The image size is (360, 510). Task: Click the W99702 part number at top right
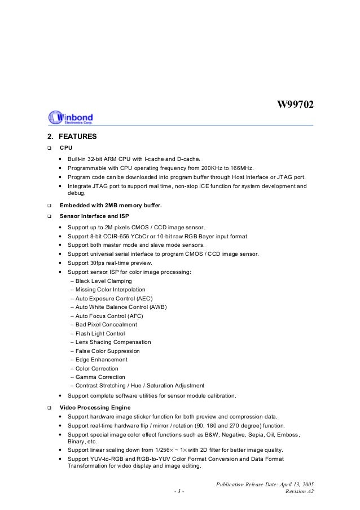click(x=294, y=106)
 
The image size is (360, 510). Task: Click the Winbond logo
click(x=71, y=117)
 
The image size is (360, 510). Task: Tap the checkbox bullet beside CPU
click(x=49, y=148)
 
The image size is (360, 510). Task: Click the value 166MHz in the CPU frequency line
click(x=241, y=168)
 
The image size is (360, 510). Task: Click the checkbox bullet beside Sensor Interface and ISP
click(x=49, y=216)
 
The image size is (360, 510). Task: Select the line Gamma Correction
click(x=100, y=377)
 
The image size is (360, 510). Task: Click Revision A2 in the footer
click(x=300, y=492)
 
